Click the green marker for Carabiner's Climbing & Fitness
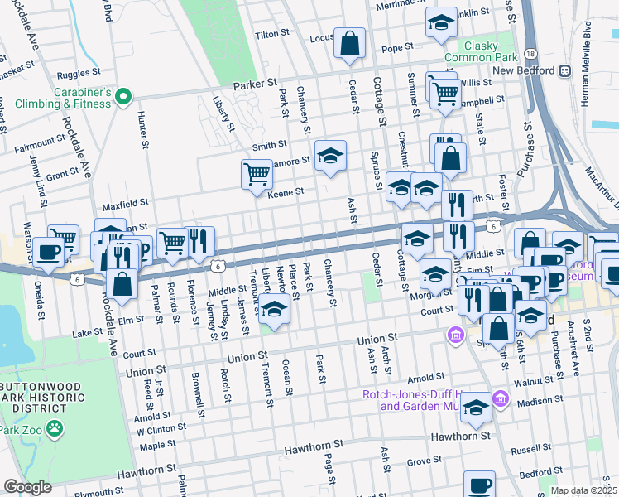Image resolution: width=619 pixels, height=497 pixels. [x=123, y=98]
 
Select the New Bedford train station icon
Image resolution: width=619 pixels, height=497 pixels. [x=566, y=71]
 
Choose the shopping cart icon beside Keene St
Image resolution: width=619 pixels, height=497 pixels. [x=257, y=174]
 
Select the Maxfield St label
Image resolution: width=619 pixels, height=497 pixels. [x=125, y=201]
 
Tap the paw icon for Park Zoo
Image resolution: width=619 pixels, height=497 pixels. [x=54, y=429]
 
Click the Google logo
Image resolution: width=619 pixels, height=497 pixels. [x=27, y=487]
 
